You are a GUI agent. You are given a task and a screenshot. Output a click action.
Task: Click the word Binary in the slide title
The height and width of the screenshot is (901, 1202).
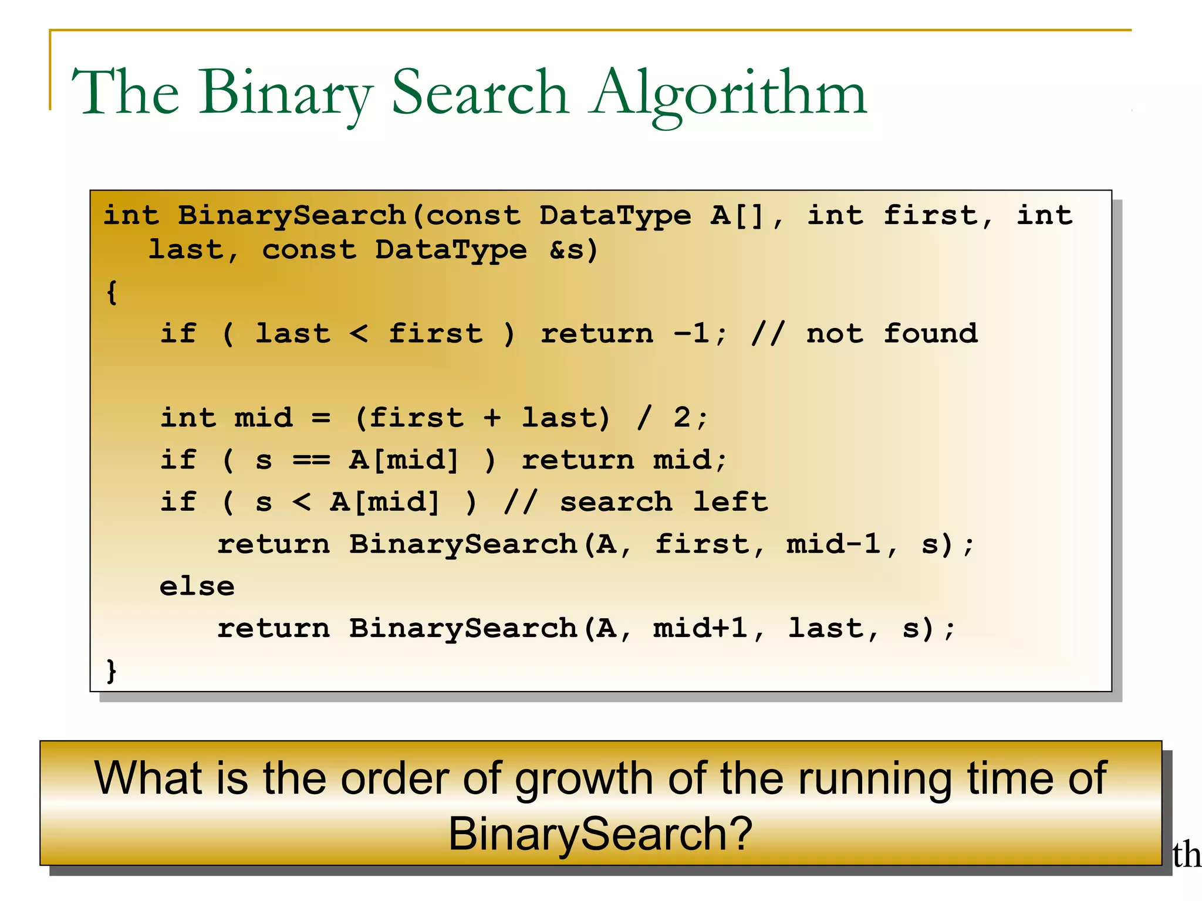(286, 93)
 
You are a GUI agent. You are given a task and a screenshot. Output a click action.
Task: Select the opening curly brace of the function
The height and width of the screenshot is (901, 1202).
(112, 292)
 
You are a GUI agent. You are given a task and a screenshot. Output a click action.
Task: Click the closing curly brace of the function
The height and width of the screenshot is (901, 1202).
(112, 670)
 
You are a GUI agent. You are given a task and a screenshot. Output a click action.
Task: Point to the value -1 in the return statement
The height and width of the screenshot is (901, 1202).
(693, 333)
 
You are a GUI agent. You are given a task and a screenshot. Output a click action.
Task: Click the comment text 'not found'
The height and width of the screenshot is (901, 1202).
(892, 333)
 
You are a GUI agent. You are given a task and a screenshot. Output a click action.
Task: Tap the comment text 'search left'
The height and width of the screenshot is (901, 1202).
(663, 502)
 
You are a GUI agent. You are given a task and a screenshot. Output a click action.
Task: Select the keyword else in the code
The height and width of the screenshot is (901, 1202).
(197, 586)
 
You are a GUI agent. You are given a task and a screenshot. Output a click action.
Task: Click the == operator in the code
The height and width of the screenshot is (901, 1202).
(311, 460)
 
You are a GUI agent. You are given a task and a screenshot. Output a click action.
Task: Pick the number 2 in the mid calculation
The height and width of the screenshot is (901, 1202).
(682, 418)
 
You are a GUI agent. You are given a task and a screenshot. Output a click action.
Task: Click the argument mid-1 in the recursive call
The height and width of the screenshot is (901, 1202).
(833, 544)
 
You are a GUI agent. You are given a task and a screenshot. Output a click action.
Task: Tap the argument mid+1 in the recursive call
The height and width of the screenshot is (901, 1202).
(700, 628)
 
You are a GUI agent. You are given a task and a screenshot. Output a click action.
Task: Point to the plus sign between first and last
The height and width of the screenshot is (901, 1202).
(492, 418)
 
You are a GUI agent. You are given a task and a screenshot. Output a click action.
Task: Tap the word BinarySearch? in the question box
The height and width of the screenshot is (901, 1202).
(600, 834)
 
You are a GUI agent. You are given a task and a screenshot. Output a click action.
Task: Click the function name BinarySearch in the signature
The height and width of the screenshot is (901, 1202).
(292, 215)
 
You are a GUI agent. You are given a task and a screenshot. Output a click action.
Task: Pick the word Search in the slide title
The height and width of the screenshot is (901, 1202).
(480, 93)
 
